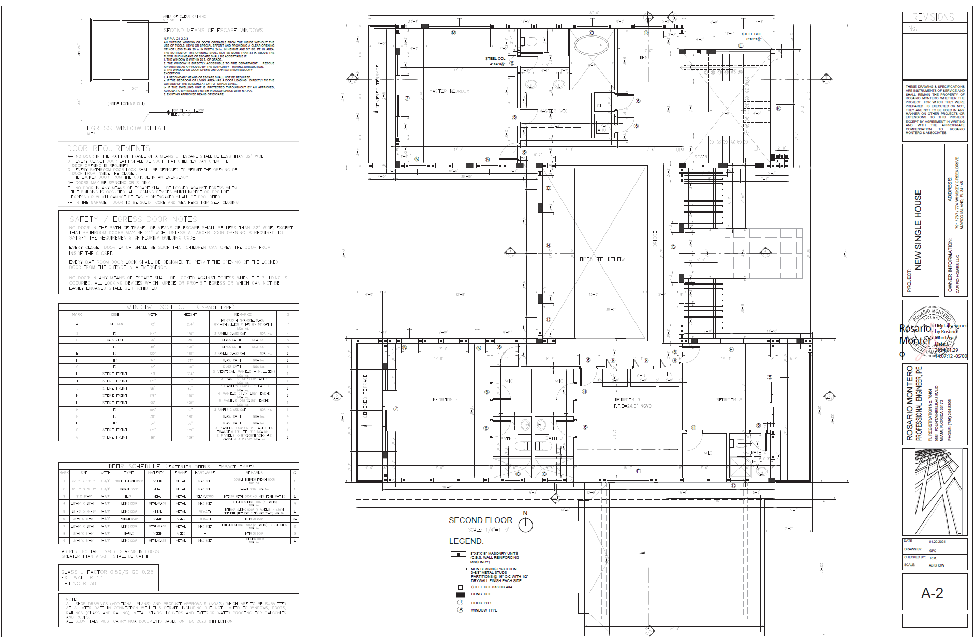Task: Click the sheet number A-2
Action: pos(932,593)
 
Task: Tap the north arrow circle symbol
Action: pos(525,525)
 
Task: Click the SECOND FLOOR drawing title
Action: pos(480,520)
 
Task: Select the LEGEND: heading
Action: pos(466,541)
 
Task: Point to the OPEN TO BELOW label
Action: pos(602,259)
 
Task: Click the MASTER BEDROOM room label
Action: pos(450,91)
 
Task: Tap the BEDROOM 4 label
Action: pos(445,400)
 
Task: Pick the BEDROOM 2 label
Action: pos(729,400)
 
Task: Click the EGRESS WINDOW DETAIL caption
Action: pos(127,128)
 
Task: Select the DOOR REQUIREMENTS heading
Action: pos(108,148)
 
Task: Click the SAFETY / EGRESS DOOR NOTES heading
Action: pos(133,219)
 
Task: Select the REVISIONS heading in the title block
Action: pos(934,17)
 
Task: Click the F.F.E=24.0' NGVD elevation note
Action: pos(632,406)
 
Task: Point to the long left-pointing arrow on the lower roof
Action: pos(668,553)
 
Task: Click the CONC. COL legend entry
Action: pos(481,594)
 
